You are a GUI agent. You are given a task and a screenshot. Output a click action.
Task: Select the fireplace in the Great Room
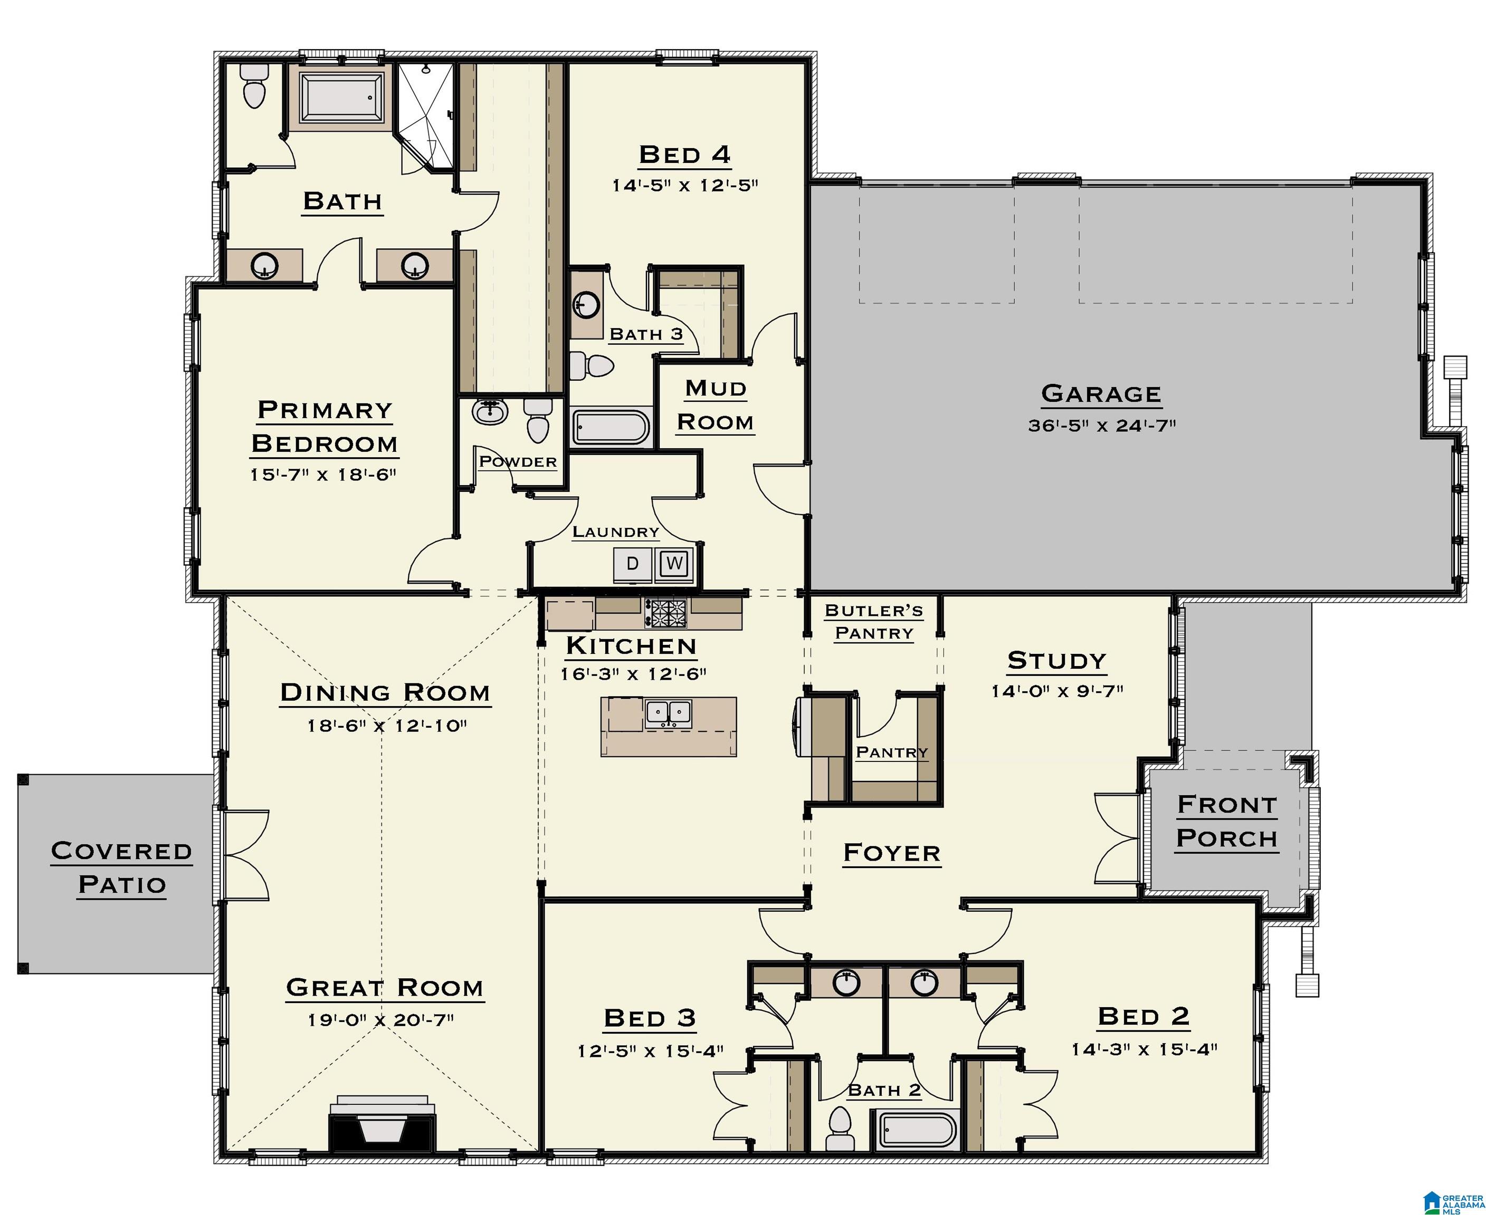383,1123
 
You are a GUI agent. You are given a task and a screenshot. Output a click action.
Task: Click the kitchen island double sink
668,713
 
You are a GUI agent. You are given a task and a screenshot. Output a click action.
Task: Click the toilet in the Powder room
538,421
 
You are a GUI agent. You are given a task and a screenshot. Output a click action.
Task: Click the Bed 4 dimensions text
685,186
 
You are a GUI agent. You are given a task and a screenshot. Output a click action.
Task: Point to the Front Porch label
1227,822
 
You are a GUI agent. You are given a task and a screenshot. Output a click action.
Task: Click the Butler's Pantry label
874,622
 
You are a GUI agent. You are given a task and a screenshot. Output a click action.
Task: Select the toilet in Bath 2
839,1129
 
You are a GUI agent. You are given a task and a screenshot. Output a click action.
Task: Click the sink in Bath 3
585,304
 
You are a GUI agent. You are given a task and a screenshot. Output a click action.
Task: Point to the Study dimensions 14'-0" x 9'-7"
1057,691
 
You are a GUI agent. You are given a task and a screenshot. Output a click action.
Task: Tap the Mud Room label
715,406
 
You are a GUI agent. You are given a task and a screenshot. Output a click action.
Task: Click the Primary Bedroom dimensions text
323,475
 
